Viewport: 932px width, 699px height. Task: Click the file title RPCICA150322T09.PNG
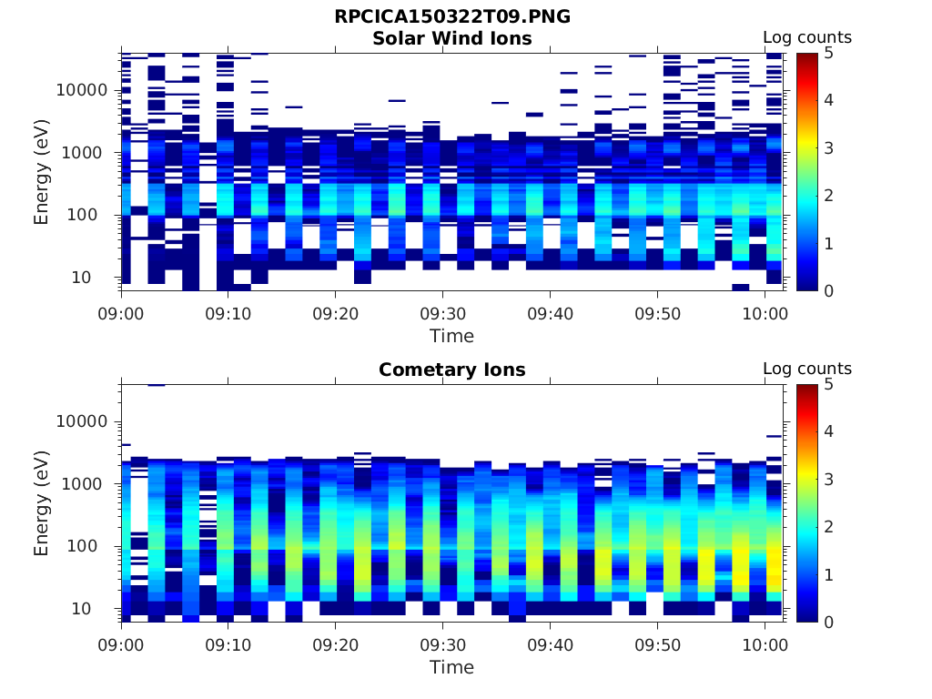[452, 17]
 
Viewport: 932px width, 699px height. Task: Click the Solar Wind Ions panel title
[452, 38]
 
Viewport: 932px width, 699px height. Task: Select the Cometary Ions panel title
[452, 370]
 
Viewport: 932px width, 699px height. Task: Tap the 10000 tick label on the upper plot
[83, 90]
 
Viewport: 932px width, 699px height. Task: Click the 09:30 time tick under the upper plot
[442, 313]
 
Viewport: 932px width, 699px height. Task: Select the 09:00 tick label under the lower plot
[121, 644]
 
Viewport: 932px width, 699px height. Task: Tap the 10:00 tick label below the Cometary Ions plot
[765, 644]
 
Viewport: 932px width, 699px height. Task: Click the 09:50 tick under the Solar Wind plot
[657, 313]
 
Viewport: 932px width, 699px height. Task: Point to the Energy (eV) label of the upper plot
[42, 172]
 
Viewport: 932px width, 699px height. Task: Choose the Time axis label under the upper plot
[452, 336]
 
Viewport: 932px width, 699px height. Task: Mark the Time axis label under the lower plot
[452, 667]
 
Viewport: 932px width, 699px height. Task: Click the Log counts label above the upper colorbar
[807, 37]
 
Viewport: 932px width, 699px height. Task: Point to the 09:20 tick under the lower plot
[336, 644]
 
